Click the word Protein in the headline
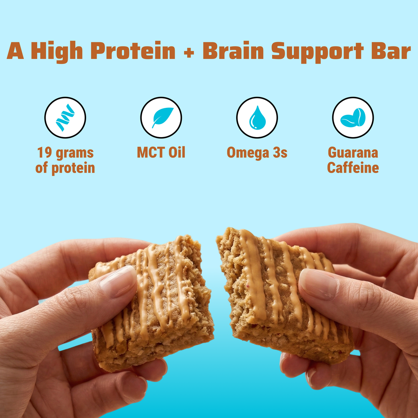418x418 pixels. click(x=133, y=51)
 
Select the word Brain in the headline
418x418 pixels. click(x=233, y=51)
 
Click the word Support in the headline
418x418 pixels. click(x=318, y=52)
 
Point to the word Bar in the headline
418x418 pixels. click(x=391, y=51)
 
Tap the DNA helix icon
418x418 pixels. click(x=65, y=117)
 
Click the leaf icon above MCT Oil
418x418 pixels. click(x=162, y=117)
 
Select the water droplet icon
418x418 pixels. click(x=257, y=117)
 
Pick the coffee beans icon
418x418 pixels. click(x=353, y=117)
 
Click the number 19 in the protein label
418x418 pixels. click(x=43, y=153)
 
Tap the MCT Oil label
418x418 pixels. click(x=161, y=153)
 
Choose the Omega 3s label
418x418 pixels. click(x=257, y=153)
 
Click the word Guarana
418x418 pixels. click(x=353, y=153)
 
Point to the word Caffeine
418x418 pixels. click(x=353, y=168)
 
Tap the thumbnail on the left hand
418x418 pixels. click(x=119, y=281)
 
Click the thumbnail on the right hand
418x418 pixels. click(x=318, y=284)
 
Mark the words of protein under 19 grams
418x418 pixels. click(x=65, y=168)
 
